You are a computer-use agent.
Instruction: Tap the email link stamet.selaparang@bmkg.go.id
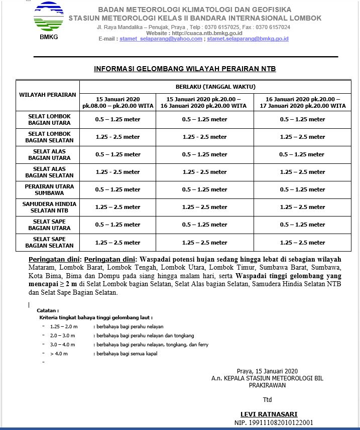pyautogui.click(x=248, y=39)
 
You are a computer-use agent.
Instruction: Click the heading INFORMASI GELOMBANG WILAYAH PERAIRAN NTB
pyautogui.click(x=185, y=69)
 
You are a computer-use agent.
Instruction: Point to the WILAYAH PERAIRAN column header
pyautogui.click(x=48, y=95)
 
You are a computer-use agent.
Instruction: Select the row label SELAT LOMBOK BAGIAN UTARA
pyautogui.click(x=50, y=119)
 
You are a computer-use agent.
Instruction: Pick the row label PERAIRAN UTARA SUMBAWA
pyautogui.click(x=50, y=189)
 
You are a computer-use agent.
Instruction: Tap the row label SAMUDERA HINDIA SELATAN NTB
pyautogui.click(x=50, y=207)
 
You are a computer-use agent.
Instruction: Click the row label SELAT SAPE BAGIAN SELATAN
pyautogui.click(x=50, y=242)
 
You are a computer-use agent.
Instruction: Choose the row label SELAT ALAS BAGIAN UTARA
pyautogui.click(x=50, y=154)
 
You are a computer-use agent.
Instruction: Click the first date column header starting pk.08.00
pyautogui.click(x=118, y=102)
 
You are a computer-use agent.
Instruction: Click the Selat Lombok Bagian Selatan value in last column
pyautogui.click(x=302, y=137)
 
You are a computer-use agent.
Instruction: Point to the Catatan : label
pyautogui.click(x=48, y=311)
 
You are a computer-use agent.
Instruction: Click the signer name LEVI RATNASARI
pyautogui.click(x=269, y=414)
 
